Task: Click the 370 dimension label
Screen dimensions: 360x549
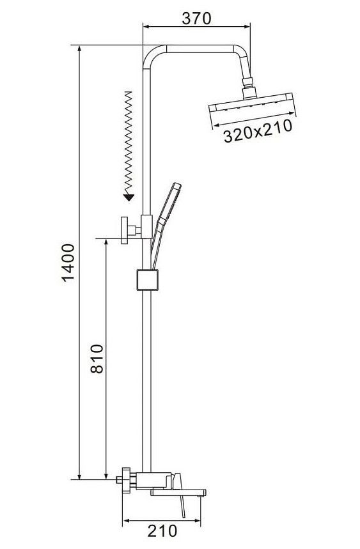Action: click(x=196, y=19)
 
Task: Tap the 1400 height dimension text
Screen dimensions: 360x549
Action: click(x=68, y=263)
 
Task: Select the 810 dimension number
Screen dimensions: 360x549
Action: click(x=97, y=359)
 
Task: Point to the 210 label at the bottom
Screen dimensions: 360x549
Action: click(x=162, y=531)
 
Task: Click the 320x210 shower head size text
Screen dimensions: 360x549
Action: click(x=258, y=131)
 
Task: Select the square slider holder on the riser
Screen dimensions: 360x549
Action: click(x=148, y=280)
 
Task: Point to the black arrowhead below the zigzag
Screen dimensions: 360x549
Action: click(x=129, y=197)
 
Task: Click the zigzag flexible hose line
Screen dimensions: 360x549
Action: click(x=129, y=143)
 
